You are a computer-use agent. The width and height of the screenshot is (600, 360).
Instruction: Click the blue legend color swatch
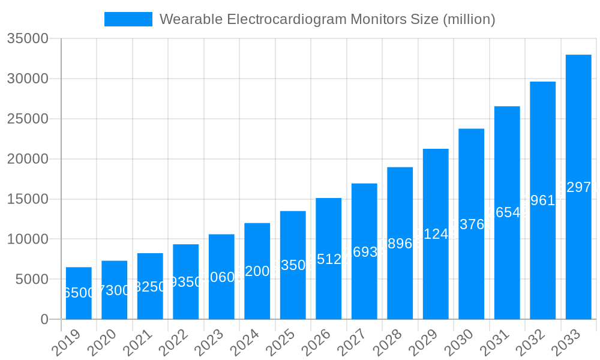(x=128, y=19)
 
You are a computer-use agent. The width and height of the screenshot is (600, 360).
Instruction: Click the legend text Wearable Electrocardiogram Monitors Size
(x=327, y=19)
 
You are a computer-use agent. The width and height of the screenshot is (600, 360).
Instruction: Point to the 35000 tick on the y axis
(x=28, y=39)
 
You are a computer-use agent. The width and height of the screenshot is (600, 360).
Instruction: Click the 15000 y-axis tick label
(x=28, y=199)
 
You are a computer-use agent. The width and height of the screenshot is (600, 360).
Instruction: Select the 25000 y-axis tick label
(x=28, y=119)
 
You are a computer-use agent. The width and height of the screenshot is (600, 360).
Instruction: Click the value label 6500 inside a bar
(x=79, y=293)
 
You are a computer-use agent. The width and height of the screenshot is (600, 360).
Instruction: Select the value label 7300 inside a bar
(x=114, y=290)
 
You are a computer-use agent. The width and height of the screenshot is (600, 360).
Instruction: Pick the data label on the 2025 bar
(x=293, y=265)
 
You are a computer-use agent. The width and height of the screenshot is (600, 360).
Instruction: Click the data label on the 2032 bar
(x=542, y=200)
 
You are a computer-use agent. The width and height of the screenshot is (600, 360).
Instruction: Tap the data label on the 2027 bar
(x=364, y=251)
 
